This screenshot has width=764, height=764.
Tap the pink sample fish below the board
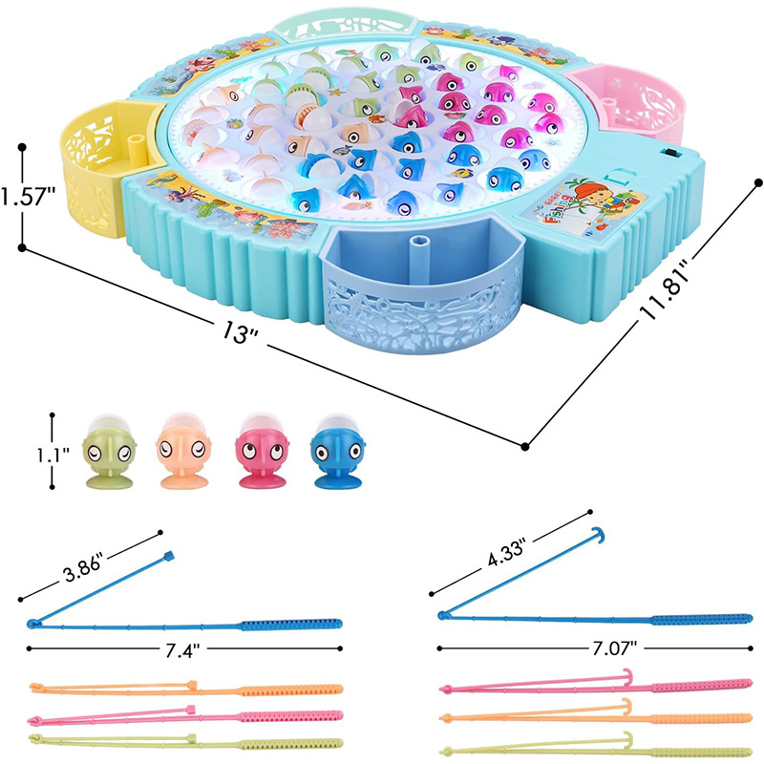[259, 451]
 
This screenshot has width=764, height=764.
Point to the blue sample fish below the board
[334, 451]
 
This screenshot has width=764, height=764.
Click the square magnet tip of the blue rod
[170, 554]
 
